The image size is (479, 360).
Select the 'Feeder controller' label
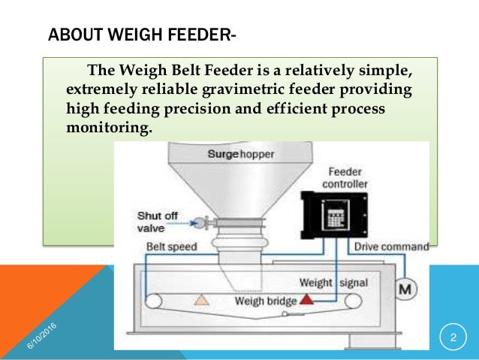[x=345, y=177]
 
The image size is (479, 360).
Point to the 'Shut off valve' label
[x=158, y=221]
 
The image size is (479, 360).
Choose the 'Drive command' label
[x=393, y=246]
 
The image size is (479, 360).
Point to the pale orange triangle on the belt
[x=201, y=299]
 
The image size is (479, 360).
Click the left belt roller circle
[x=155, y=301]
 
